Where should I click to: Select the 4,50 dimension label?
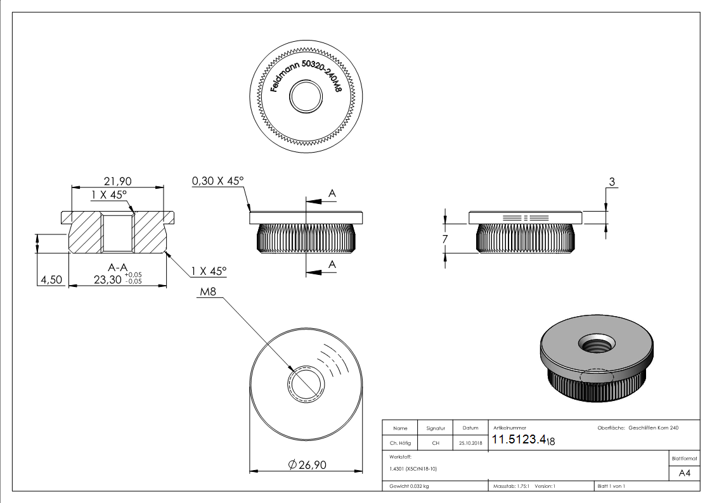(x=51, y=279)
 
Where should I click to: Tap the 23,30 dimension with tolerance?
(x=117, y=279)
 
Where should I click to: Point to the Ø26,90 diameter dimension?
(x=307, y=465)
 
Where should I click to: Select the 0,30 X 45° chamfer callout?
(x=218, y=181)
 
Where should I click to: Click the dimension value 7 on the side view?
(x=445, y=239)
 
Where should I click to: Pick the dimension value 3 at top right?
(x=612, y=182)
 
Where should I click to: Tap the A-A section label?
(x=117, y=267)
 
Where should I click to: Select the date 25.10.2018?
(x=470, y=443)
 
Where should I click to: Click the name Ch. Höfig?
(x=399, y=443)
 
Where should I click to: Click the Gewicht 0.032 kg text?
(x=409, y=487)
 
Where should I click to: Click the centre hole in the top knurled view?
(x=306, y=97)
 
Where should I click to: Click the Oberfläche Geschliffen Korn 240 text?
(x=638, y=428)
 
